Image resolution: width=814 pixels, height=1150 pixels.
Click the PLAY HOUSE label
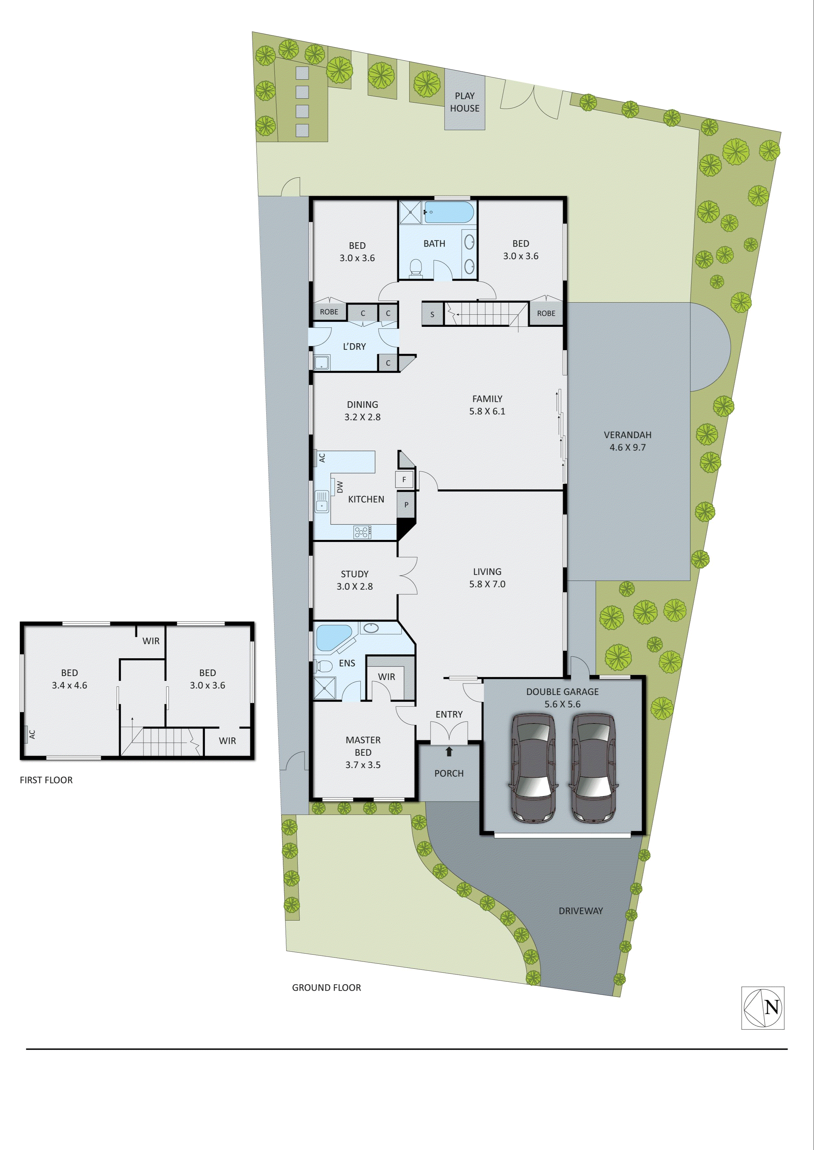pyautogui.click(x=464, y=102)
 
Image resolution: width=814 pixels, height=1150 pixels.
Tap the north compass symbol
pyautogui.click(x=763, y=1008)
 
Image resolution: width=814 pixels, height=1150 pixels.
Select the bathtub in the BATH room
pyautogui.click(x=449, y=212)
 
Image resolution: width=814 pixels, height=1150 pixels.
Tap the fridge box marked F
pyautogui.click(x=404, y=479)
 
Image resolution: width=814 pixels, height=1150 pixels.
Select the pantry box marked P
pyautogui.click(x=406, y=505)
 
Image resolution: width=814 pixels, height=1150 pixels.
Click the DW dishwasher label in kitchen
pyautogui.click(x=340, y=486)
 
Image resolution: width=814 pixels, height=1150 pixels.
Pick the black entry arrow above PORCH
pyautogui.click(x=449, y=751)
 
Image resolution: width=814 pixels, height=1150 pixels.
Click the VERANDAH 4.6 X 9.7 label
pyautogui.click(x=628, y=441)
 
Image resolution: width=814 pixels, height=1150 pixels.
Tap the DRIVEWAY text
pyautogui.click(x=580, y=911)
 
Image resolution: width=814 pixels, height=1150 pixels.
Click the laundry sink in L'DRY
pyautogui.click(x=321, y=362)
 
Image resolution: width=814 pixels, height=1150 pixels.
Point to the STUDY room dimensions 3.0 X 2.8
pyautogui.click(x=354, y=586)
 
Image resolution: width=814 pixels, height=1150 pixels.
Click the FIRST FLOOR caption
pyautogui.click(x=46, y=780)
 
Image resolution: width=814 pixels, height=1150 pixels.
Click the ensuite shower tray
pyautogui.click(x=324, y=687)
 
